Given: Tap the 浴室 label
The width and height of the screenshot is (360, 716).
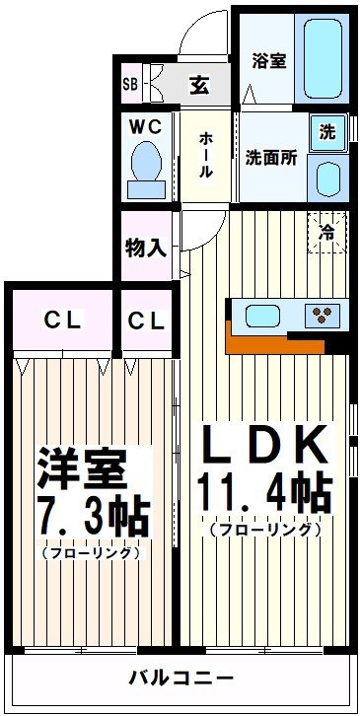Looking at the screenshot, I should tap(268, 60).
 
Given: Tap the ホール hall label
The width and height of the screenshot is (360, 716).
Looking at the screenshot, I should tap(205, 156).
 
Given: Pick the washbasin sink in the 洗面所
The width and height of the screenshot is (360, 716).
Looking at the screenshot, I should tap(328, 178).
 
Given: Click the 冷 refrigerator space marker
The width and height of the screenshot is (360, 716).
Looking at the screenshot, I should tap(325, 233).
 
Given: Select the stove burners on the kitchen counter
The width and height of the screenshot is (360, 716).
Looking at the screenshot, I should tap(321, 317).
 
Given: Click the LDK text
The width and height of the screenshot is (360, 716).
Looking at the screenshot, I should tap(264, 447).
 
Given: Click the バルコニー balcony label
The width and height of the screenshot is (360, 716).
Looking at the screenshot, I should tap(180, 679).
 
